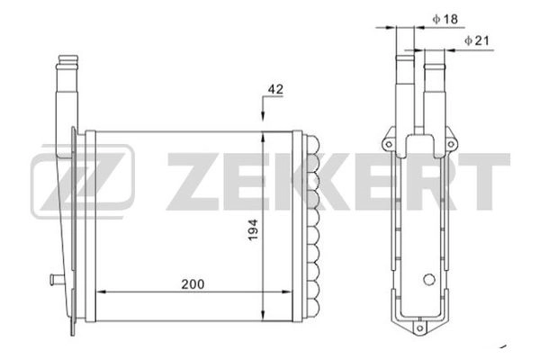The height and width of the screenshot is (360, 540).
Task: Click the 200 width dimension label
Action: (193, 283)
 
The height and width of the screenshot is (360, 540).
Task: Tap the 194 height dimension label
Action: (253, 229)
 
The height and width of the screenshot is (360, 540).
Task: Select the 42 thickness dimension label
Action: (275, 89)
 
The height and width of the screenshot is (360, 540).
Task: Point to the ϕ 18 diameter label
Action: (445, 19)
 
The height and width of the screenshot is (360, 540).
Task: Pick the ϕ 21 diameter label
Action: (477, 40)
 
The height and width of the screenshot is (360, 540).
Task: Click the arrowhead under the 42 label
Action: (263, 116)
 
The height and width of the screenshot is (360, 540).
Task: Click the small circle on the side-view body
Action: (429, 279)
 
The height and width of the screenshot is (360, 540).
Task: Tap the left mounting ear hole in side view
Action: (389, 144)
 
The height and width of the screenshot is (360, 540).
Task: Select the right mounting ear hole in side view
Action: (451, 144)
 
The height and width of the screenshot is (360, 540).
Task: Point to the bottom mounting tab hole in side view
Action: (419, 328)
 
